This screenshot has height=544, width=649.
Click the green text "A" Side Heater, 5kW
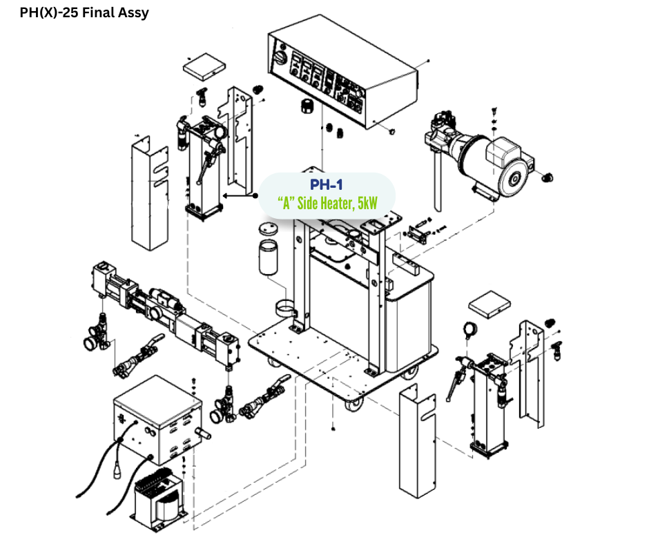tap(326, 204)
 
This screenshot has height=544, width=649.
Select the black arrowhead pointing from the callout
tap(226, 195)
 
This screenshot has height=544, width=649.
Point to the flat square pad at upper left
tap(204, 66)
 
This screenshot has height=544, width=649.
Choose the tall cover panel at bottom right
tap(418, 442)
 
